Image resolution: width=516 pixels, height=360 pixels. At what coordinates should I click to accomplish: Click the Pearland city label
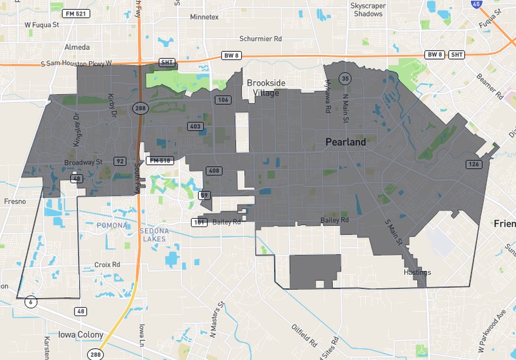pos(346,141)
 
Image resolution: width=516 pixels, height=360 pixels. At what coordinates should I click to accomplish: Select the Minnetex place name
pos(204,17)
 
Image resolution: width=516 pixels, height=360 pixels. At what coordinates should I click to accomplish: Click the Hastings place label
pos(417,272)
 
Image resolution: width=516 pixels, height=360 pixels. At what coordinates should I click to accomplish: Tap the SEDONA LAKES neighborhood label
pos(154,235)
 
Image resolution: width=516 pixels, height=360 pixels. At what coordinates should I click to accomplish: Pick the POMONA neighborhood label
pos(112,225)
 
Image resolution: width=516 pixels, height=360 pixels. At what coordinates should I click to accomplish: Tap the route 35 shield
pos(345,79)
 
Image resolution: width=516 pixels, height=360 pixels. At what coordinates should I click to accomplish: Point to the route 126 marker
pos(473,164)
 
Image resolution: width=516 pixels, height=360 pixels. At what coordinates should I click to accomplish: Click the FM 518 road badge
pos(159,160)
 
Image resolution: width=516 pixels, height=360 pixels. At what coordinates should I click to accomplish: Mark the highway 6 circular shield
pos(30,302)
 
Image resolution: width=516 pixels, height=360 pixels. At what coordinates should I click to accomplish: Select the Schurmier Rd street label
pos(260,39)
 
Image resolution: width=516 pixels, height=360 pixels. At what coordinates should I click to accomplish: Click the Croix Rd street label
pos(107,265)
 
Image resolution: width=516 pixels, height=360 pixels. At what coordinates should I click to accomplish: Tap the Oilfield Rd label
pos(305,334)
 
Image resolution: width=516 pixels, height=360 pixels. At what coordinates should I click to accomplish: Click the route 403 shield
pos(195,126)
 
